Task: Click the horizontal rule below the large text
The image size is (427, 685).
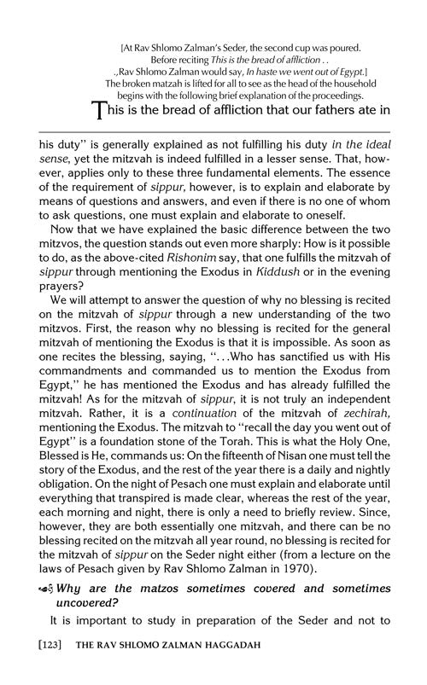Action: click(x=213, y=131)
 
